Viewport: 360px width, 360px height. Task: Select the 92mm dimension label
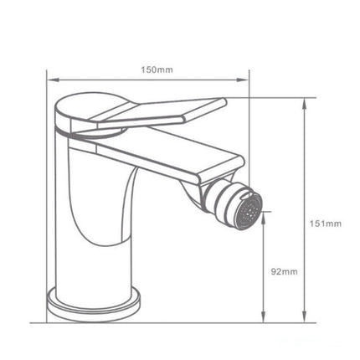(x=285, y=271)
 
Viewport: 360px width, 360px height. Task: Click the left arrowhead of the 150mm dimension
(x=49, y=80)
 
